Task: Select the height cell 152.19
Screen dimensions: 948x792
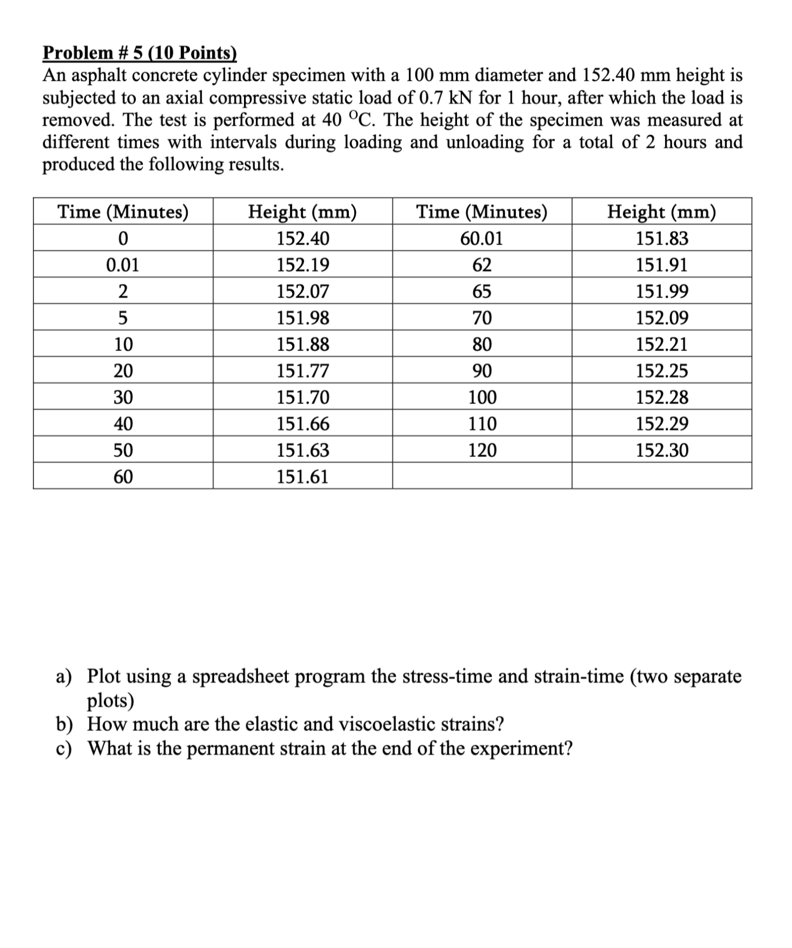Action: [x=303, y=265]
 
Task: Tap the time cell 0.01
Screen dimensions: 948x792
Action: [x=123, y=265]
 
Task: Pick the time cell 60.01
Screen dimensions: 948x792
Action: [x=482, y=239]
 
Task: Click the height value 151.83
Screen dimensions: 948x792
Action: [x=661, y=239]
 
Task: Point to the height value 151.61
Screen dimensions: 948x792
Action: [x=303, y=476]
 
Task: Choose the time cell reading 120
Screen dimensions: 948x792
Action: [x=482, y=450]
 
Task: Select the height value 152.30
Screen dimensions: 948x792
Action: [x=661, y=450]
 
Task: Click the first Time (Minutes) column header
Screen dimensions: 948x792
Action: [x=123, y=212]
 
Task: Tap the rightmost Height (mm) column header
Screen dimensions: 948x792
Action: [x=661, y=212]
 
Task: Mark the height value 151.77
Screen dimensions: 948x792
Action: [x=303, y=371]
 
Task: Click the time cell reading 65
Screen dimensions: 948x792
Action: [x=482, y=292]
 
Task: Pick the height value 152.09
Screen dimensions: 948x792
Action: [x=661, y=318]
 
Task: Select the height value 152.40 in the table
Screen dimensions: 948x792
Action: [x=303, y=239]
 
